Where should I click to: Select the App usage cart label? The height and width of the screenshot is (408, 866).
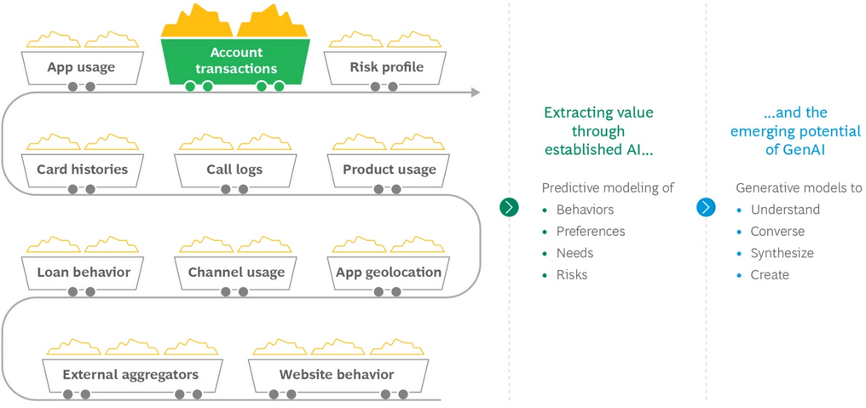[81, 67]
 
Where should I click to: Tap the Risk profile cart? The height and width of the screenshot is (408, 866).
[386, 67]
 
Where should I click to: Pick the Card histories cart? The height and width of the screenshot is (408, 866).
[82, 170]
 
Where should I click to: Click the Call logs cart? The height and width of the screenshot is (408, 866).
[234, 170]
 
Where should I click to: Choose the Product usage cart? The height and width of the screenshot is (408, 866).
[389, 170]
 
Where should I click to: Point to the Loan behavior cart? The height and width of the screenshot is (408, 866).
[84, 273]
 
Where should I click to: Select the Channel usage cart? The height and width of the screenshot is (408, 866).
[236, 273]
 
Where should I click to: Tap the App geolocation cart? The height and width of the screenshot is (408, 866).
[389, 273]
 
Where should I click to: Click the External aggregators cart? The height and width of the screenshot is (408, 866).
[130, 375]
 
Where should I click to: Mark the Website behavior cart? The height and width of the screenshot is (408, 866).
[337, 375]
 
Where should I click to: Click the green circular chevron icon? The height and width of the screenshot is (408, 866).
[509, 207]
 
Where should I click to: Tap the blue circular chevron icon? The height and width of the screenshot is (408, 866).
[706, 207]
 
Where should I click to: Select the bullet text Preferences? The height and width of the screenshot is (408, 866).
[590, 232]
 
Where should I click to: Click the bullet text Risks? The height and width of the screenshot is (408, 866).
[571, 274]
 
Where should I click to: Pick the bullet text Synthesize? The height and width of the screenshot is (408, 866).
[782, 253]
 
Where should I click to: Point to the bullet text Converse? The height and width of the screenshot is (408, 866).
[777, 232]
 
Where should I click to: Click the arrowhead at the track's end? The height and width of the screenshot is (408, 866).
[475, 92]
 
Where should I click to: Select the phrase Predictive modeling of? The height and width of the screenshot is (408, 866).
[608, 188]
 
